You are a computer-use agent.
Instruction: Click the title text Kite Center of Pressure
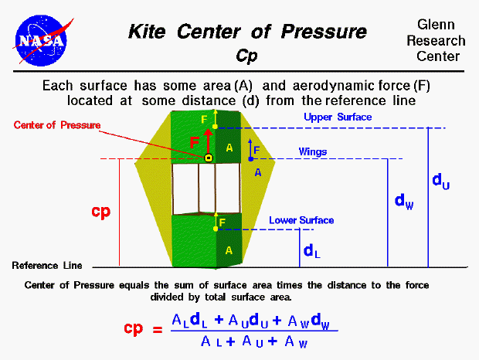247,32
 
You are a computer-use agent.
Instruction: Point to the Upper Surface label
338,117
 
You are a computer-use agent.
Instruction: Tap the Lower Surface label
301,220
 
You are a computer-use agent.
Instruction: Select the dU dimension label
440,181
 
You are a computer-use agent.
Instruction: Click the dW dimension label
403,201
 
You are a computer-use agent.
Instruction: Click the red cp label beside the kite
101,212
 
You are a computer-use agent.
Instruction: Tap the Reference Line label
46,265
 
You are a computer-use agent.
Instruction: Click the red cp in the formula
134,328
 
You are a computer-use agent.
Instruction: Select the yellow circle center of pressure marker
208,158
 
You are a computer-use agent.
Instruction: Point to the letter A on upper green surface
229,147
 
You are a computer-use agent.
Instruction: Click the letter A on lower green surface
228,250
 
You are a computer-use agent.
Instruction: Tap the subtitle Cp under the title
246,56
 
